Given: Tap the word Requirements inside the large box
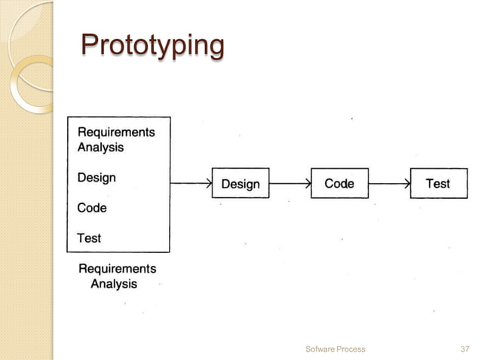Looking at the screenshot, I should pos(116,132).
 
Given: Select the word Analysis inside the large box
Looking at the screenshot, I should pos(101,147).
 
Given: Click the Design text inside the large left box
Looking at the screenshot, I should pos(97,178).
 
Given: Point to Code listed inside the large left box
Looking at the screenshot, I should pos(92,207).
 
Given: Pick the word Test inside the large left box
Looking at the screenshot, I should pos(89,238).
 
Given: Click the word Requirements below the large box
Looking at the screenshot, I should pos(118,268).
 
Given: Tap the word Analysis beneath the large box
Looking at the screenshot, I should pos(114,284).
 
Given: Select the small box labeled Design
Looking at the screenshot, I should pos(240,184).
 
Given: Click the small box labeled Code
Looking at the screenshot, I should pos(339,183).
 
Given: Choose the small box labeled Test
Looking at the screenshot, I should pos(438,183).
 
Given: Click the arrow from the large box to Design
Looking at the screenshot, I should pos(191,183).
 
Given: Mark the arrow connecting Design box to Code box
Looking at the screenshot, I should pos(290,183).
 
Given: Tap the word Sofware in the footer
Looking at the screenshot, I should pos(320,349).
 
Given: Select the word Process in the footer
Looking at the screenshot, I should pos(351,349).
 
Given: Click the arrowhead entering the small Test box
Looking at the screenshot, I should pos(407,183).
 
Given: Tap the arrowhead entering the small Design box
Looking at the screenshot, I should pos(209,183).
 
